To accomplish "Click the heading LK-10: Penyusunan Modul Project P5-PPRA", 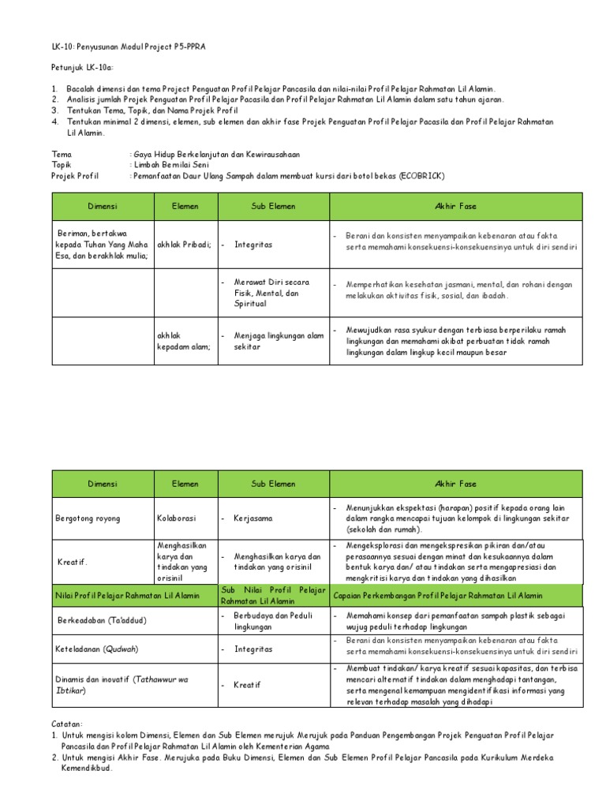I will tap(129, 47).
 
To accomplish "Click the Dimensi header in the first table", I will tap(103, 206).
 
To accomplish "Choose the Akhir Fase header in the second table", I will tap(455, 484).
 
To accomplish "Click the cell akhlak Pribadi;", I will tap(184, 245).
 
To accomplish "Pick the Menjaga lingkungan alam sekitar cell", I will tap(278, 341).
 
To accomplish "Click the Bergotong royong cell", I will tap(88, 518).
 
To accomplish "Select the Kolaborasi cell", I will tap(176, 518).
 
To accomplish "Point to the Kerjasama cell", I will tap(252, 518).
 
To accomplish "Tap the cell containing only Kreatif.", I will tap(73, 562).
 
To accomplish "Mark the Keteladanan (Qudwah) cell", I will tap(97, 649).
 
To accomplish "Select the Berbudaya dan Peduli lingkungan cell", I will tap(267, 620).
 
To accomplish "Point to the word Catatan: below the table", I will tap(66, 723).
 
